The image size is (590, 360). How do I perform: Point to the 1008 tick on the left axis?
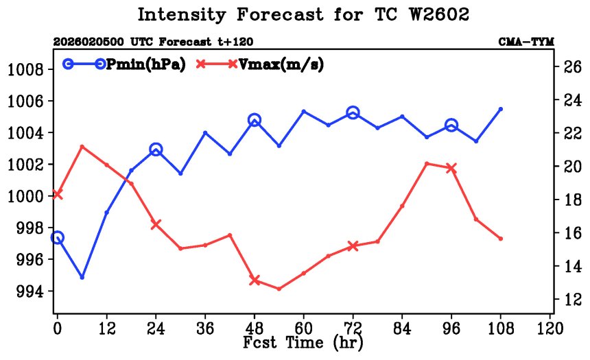pyautogui.click(x=25, y=69)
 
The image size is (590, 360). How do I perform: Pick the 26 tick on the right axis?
pyautogui.click(x=573, y=67)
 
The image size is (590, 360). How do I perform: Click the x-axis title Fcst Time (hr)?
pyautogui.click(x=303, y=341)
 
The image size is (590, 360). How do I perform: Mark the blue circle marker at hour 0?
pyautogui.click(x=58, y=237)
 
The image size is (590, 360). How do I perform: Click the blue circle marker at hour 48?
pyautogui.click(x=255, y=120)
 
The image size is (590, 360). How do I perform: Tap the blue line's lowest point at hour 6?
pyautogui.click(x=82, y=277)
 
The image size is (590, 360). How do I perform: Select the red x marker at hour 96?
pyautogui.click(x=451, y=168)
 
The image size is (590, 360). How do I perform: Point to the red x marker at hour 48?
pyautogui.click(x=255, y=280)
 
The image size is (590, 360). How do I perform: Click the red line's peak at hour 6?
pyautogui.click(x=82, y=146)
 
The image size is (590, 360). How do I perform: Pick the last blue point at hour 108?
pyautogui.click(x=501, y=109)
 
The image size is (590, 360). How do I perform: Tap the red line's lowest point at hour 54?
pyautogui.click(x=279, y=289)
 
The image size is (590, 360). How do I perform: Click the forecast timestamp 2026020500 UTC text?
pyautogui.click(x=88, y=42)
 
